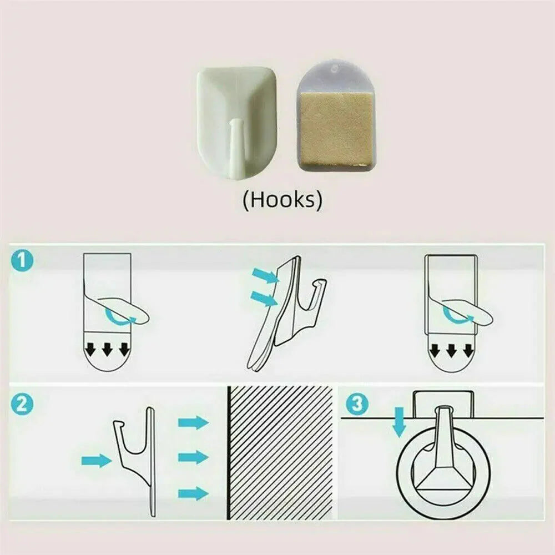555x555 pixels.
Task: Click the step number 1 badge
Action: [22, 261]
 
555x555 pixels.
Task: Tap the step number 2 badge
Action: [22, 404]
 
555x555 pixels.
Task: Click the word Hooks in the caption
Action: [283, 199]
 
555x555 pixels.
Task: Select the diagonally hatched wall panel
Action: [280, 453]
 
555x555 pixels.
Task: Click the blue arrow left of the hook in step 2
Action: [97, 461]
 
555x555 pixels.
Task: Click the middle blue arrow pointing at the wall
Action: [193, 457]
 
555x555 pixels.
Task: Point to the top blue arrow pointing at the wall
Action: [193, 422]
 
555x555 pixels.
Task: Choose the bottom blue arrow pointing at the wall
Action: [193, 493]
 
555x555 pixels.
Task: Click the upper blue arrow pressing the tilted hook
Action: [264, 276]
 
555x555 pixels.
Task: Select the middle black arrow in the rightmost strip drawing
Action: [451, 350]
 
